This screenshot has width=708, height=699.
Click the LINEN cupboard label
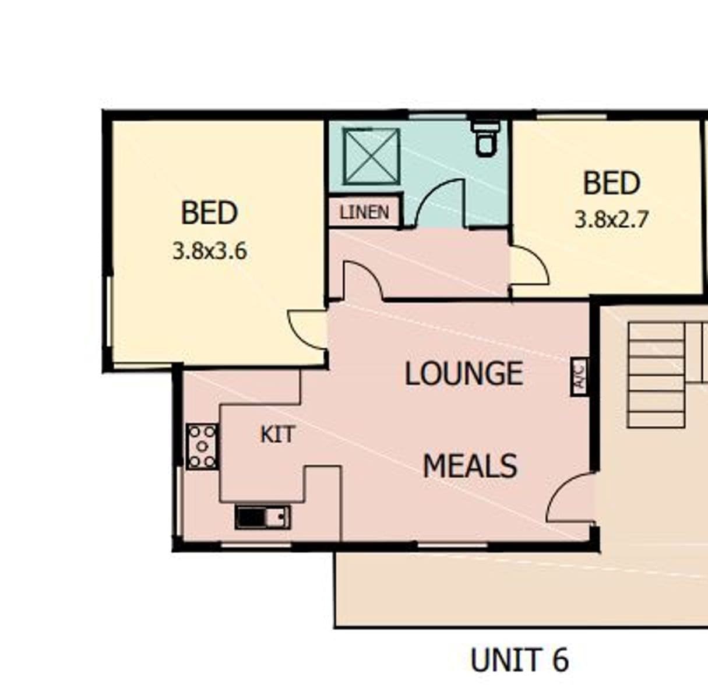tap(364, 213)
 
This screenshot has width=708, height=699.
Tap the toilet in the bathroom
tap(486, 138)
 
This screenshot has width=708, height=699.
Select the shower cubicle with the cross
tap(371, 156)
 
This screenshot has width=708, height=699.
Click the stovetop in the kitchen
tap(202, 446)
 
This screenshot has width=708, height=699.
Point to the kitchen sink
tap(263, 517)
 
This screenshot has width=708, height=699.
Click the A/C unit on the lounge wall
tap(579, 377)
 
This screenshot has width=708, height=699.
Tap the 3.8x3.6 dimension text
tap(210, 252)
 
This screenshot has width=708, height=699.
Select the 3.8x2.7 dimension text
tap(611, 220)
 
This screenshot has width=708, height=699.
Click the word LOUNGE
tap(464, 373)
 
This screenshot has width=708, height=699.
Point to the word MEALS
tap(470, 465)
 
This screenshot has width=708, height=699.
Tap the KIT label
tap(277, 435)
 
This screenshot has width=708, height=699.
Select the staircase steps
tap(656, 375)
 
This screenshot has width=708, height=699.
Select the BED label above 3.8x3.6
tap(209, 213)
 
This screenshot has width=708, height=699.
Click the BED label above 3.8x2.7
tap(612, 183)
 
